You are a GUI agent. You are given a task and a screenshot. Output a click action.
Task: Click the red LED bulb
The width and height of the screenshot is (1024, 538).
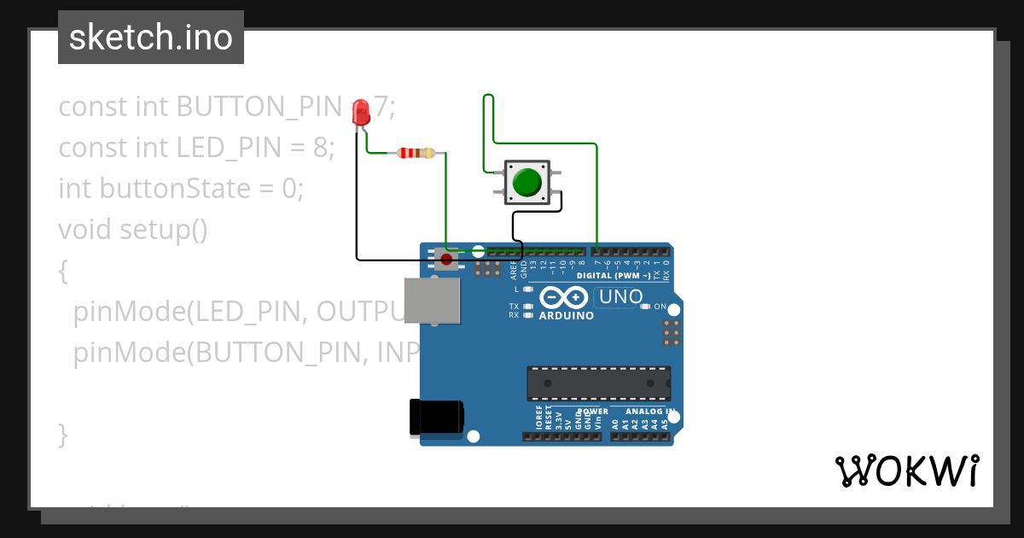click(361, 112)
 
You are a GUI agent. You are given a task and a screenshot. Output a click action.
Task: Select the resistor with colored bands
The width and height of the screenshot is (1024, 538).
click(415, 154)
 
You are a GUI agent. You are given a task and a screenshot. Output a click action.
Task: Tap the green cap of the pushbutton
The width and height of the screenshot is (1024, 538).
click(527, 183)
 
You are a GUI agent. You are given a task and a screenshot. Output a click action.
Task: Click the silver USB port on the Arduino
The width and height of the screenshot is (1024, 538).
click(431, 301)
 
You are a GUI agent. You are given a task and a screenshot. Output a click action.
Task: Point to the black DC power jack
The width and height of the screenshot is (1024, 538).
click(436, 418)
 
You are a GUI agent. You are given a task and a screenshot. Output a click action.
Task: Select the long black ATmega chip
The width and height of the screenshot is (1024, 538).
click(598, 383)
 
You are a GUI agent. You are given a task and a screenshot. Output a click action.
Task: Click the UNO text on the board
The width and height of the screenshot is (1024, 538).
click(620, 297)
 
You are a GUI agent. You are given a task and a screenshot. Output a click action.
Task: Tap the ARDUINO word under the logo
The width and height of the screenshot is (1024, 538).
click(566, 316)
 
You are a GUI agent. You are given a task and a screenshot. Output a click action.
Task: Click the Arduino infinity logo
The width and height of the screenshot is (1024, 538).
click(564, 297)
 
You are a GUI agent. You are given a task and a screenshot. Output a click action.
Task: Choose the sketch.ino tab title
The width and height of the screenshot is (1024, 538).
click(151, 38)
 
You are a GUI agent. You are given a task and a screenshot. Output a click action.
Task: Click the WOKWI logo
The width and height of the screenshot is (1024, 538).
click(906, 471)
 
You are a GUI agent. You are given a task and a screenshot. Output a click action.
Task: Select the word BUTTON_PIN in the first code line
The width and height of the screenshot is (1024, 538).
click(259, 107)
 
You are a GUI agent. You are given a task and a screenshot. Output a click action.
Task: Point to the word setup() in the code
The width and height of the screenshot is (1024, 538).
click(163, 229)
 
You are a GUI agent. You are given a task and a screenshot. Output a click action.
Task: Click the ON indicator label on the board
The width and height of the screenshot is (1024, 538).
click(660, 306)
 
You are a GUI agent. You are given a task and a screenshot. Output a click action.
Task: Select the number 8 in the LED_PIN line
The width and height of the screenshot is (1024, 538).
click(321, 148)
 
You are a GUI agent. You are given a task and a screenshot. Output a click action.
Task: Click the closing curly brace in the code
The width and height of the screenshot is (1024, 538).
click(62, 434)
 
